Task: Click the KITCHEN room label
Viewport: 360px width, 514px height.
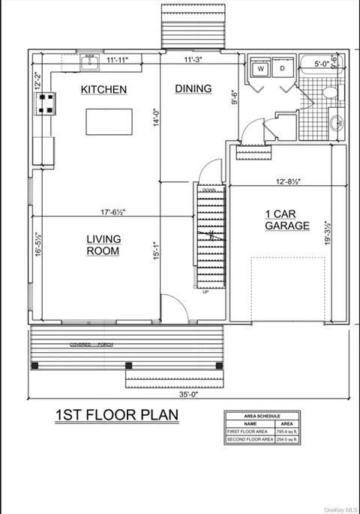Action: coord(103,90)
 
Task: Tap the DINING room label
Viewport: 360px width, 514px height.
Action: coord(193,89)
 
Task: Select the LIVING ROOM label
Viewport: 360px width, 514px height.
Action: coord(103,245)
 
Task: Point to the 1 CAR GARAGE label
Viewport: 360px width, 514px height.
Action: coord(286,219)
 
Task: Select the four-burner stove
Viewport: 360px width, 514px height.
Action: coord(44,103)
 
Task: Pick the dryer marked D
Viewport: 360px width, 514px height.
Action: coord(283,68)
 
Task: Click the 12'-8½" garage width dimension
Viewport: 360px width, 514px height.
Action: coord(288,181)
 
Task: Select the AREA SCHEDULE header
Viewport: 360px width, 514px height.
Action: coord(263,415)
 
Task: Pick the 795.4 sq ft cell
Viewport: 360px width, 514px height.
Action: coord(288,432)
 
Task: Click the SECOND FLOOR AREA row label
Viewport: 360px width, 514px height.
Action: coord(248,439)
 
